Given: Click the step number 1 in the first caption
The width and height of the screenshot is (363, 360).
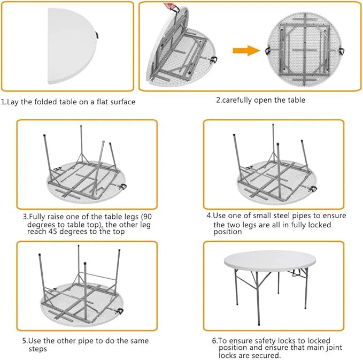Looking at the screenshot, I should pos(3,102).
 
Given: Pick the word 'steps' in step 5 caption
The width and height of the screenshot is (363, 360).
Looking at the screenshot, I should pos(38,349).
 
